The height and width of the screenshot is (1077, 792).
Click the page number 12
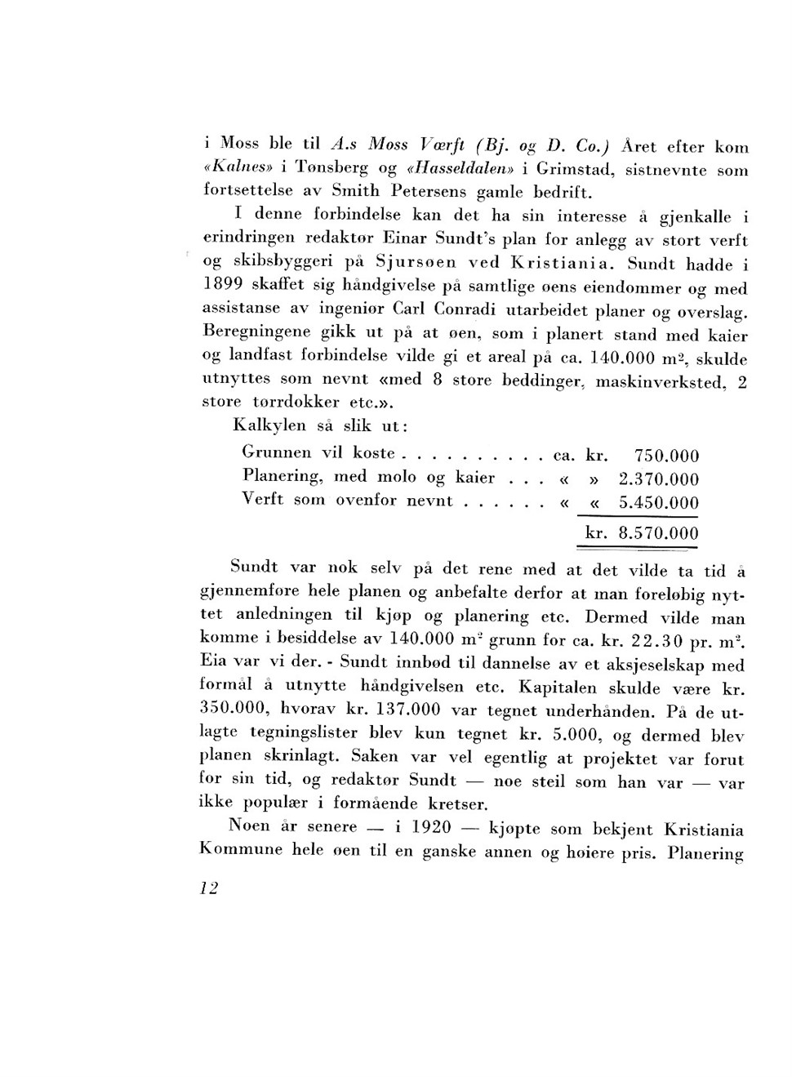pyautogui.click(x=209, y=888)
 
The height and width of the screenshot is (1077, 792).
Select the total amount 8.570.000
pyautogui.click(x=658, y=535)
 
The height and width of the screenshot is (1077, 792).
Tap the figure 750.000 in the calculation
pyautogui.click(x=666, y=456)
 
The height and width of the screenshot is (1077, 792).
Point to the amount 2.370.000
pyautogui.click(x=659, y=479)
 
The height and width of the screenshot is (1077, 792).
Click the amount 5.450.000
pyautogui.click(x=659, y=503)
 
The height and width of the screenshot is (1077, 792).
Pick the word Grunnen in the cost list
pyautogui.click(x=277, y=452)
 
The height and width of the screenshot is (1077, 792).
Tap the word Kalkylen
pyautogui.click(x=269, y=425)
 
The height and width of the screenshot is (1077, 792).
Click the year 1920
pyautogui.click(x=431, y=827)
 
